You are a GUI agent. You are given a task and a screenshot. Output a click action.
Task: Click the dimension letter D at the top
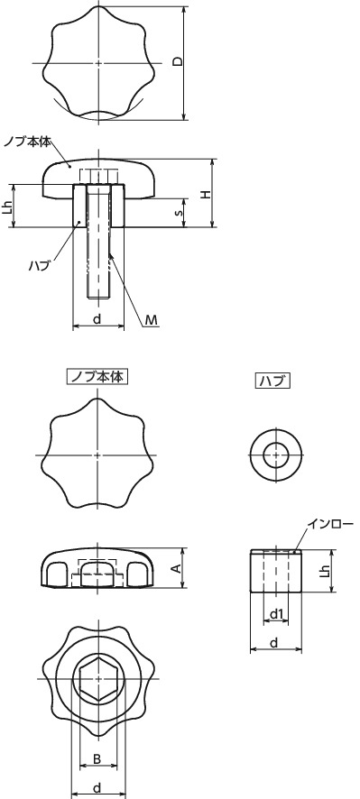[x=178, y=61]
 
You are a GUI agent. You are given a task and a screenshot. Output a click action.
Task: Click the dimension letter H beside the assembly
[x=204, y=194]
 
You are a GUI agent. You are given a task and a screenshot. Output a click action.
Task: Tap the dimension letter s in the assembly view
[x=178, y=213]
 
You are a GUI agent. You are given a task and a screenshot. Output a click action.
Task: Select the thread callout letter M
[x=152, y=319]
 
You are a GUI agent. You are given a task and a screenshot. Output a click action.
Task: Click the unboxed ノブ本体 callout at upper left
[x=27, y=142]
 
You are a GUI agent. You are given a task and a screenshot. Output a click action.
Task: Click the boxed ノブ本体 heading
[x=97, y=377]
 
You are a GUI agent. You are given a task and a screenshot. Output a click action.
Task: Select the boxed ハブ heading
[x=272, y=381]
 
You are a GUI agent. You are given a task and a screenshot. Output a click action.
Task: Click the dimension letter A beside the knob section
[x=177, y=568]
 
